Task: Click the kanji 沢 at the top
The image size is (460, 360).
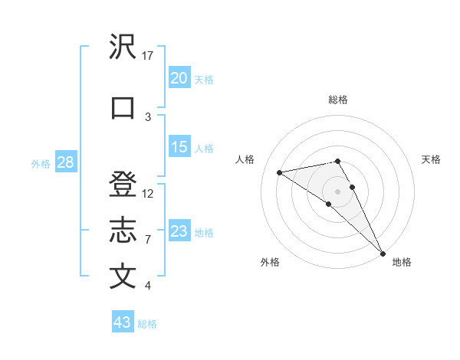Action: tap(123, 47)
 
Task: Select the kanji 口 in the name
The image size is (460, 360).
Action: tap(123, 108)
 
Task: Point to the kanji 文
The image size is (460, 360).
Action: tap(123, 277)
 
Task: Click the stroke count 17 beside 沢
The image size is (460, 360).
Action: tap(148, 56)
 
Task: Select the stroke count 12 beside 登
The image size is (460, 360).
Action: tap(148, 194)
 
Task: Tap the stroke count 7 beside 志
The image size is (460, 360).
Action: tap(148, 240)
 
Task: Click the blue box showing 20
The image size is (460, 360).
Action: tap(179, 78)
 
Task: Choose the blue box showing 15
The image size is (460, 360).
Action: tap(179, 147)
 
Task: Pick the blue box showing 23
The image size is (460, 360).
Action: tap(179, 231)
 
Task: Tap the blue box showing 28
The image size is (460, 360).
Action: tap(65, 162)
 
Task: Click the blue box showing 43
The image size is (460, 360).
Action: tap(123, 322)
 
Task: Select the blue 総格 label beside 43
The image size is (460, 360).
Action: tap(147, 324)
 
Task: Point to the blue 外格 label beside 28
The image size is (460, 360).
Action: tap(40, 163)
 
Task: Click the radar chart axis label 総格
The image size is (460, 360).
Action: tap(338, 100)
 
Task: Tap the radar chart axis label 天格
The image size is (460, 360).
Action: tap(432, 159)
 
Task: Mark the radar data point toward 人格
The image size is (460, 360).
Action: tap(280, 172)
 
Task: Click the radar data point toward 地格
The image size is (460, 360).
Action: tap(383, 252)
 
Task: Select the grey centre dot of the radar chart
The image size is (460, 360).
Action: tap(338, 191)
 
